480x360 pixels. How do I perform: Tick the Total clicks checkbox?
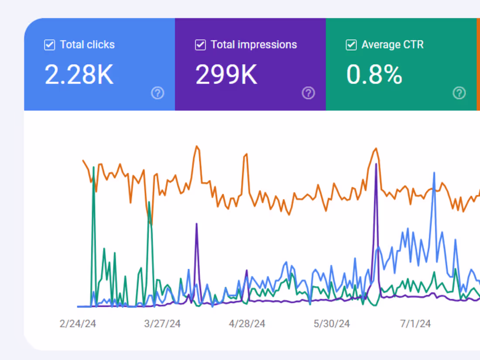50,45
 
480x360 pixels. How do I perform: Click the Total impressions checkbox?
200,45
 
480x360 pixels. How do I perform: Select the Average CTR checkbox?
351,45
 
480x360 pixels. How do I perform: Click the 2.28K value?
79,75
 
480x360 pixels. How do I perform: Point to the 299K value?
226,75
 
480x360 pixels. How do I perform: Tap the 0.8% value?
374,75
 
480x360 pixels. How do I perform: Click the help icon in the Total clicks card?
158,93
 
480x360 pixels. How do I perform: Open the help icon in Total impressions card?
309,93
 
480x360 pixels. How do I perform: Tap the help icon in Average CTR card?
459,93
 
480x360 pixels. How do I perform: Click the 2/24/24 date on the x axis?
78,324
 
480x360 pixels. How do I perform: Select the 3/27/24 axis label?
162,324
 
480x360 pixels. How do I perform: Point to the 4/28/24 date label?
247,324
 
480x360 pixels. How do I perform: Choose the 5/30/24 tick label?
332,324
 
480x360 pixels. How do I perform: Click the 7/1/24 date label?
415,324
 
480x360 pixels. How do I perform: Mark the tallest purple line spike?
376,164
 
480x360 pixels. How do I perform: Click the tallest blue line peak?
434,173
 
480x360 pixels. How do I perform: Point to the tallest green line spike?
93,168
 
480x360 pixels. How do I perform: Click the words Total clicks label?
87,45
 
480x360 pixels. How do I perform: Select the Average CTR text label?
392,45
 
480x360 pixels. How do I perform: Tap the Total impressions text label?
254,45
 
